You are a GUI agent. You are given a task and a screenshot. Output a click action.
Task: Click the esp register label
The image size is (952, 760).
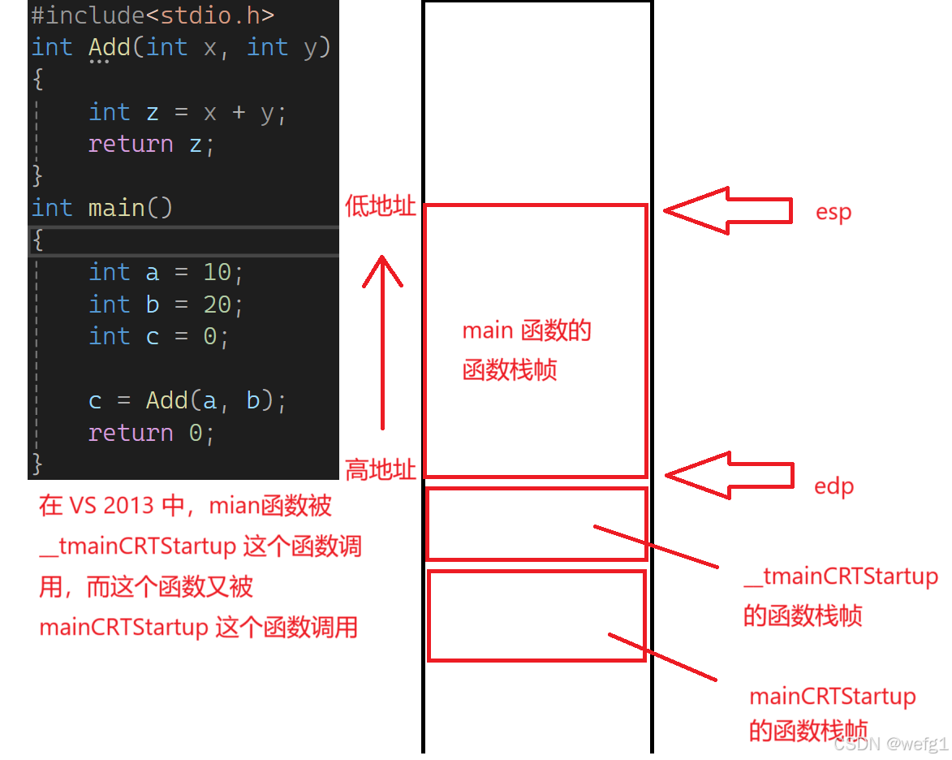tap(834, 213)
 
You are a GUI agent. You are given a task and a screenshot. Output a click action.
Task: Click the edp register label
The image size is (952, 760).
tap(834, 486)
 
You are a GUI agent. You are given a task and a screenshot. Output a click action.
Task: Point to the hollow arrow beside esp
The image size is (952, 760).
tap(726, 211)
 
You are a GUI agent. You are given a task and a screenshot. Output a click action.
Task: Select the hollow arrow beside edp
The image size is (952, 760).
tap(726, 475)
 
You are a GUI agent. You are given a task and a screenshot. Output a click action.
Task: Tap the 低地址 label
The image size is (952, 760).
tap(381, 206)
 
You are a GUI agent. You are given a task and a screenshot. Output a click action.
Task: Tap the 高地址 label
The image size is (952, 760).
tap(381, 469)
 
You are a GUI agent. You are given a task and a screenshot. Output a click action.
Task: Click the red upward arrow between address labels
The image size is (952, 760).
tap(382, 341)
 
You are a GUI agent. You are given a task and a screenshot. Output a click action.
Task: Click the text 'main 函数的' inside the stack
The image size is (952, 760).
tap(527, 330)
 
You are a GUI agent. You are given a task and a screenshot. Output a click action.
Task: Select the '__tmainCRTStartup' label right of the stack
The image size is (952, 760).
tap(841, 576)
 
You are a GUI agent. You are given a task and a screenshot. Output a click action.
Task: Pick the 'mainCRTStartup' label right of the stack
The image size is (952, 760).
tap(832, 697)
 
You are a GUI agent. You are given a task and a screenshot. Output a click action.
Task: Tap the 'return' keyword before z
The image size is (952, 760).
tap(131, 144)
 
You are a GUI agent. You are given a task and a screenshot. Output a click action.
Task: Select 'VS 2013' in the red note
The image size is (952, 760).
tap(111, 506)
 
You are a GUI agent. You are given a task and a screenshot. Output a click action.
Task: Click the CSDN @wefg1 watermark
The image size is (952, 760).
tap(890, 744)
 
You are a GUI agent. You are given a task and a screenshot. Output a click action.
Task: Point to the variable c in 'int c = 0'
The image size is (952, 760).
tap(153, 336)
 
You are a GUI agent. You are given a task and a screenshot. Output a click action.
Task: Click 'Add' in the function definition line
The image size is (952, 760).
tap(109, 47)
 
